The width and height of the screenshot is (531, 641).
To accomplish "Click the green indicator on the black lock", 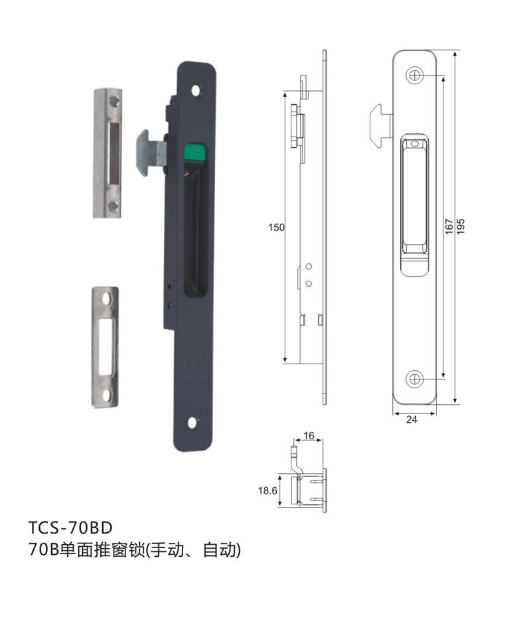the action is [x=194, y=152].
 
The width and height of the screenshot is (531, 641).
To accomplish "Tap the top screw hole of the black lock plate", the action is [x=198, y=91].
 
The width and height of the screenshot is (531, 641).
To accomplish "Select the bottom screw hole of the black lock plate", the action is [x=192, y=423].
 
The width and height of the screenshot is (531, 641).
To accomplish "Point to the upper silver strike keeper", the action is [x=108, y=153].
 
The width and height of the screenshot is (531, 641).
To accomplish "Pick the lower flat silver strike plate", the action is [x=105, y=347].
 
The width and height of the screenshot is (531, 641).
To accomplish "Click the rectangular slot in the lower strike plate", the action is [x=107, y=347].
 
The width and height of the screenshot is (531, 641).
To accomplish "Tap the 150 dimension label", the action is [x=276, y=228].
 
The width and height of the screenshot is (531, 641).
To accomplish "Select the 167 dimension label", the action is [x=449, y=226].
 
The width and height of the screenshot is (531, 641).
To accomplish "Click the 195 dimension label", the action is [x=461, y=226].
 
